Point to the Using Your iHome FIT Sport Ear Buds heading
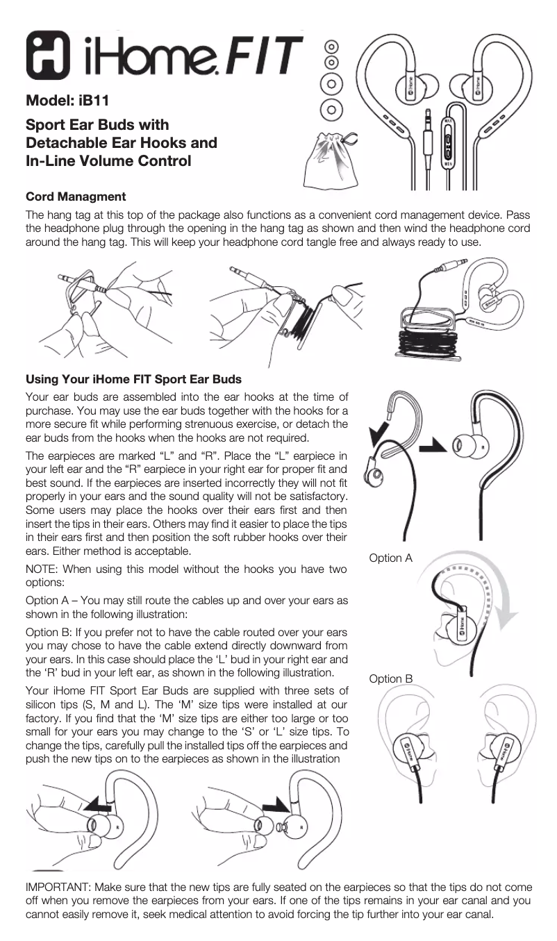click(x=133, y=379)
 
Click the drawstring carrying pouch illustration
click(x=331, y=162)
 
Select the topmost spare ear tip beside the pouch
click(x=333, y=47)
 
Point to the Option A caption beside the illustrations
click(x=391, y=558)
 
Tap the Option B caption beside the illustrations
click(x=391, y=678)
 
